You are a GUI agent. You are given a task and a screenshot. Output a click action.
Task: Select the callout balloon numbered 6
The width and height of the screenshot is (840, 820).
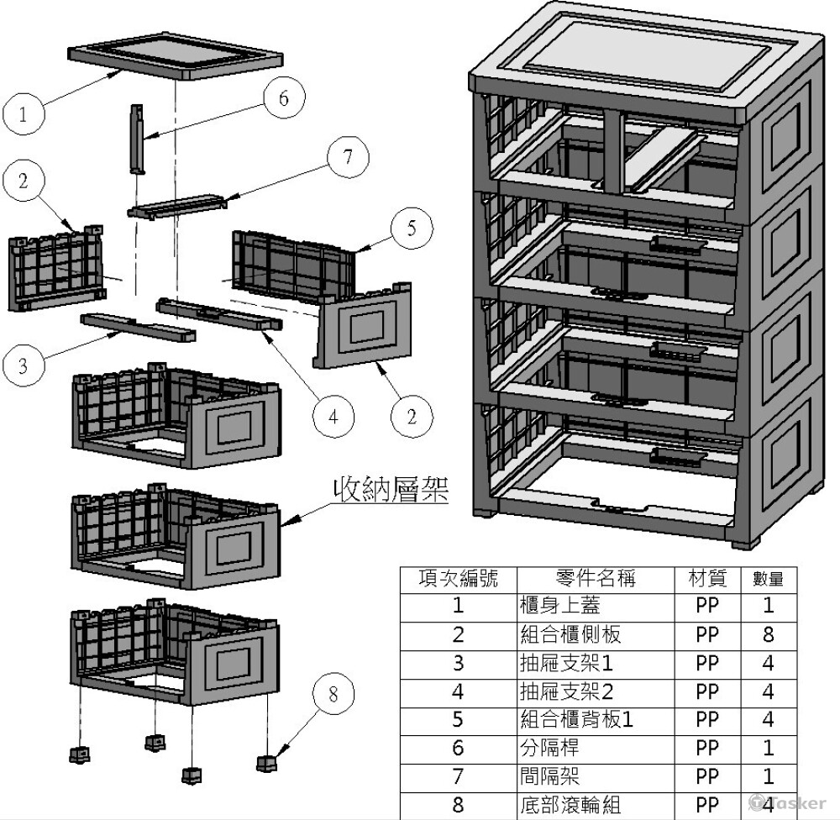point(282,98)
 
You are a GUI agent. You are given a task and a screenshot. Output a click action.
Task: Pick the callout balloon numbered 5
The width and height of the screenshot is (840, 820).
point(411,229)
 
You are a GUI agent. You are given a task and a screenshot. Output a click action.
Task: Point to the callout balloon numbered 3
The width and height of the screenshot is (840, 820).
point(24,365)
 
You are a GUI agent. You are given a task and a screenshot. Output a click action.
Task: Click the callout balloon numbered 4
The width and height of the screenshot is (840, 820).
point(334,416)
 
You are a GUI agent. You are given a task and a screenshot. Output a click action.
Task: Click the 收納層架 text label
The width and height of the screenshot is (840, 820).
point(391,489)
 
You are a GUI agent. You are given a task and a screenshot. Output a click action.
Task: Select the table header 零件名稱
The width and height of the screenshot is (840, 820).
point(596,578)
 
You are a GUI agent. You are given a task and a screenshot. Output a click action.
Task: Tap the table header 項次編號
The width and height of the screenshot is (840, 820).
point(458,578)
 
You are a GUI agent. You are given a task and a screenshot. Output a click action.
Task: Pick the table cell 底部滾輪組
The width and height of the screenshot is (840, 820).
point(570,804)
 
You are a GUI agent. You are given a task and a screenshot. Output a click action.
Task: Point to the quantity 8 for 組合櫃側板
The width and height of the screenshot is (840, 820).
point(768,634)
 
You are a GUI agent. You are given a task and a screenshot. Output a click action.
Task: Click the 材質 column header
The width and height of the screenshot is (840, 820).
point(707,578)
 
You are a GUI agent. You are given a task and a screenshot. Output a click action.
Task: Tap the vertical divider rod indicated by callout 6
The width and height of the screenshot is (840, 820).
point(137,139)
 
